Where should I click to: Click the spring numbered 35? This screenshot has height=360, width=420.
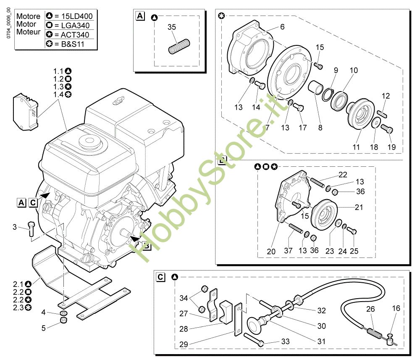(179, 47)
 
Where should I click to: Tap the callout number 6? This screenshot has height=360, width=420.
(282, 27)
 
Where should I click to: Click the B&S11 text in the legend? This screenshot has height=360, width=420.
(73, 44)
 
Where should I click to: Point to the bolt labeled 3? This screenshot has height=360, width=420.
(31, 229)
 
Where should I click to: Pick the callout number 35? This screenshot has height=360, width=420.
(172, 27)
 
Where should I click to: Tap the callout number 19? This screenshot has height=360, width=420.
(391, 147)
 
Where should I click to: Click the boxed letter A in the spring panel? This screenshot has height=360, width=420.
(140, 16)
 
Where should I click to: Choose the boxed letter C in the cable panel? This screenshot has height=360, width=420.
(160, 277)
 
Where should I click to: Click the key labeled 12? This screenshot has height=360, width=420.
(382, 114)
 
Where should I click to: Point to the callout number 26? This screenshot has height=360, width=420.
(370, 309)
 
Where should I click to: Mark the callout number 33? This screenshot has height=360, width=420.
(285, 341)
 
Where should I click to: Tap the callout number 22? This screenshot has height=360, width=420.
(343, 175)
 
